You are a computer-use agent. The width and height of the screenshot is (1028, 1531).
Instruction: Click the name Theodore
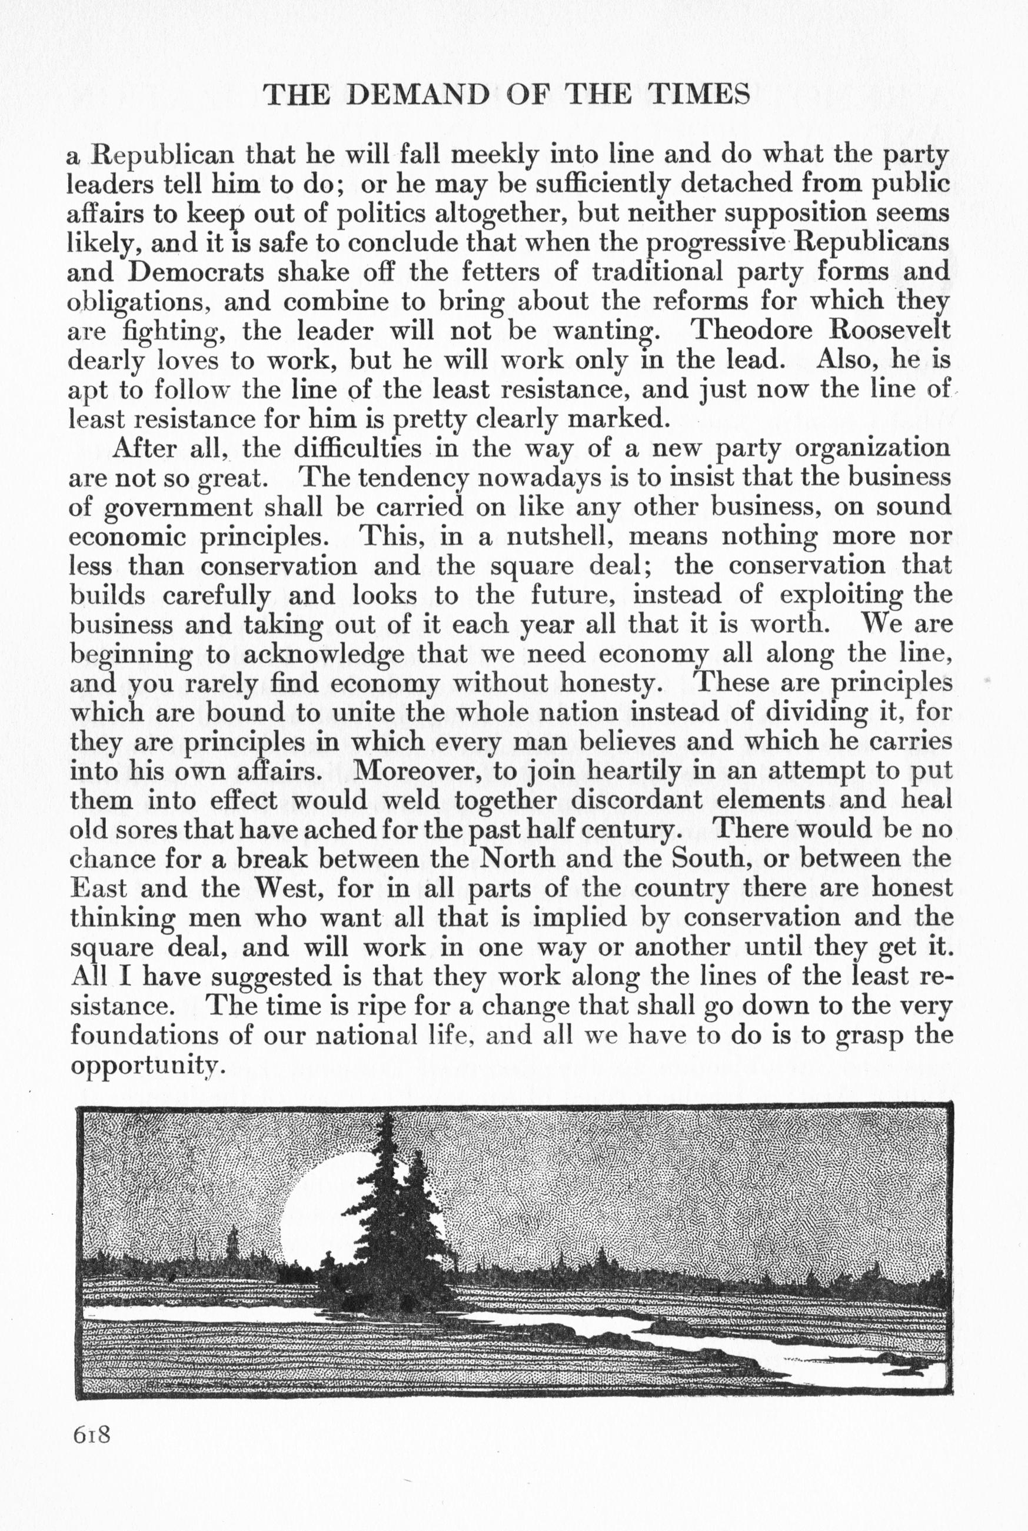(754, 330)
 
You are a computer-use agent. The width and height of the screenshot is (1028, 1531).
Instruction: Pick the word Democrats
(195, 271)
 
